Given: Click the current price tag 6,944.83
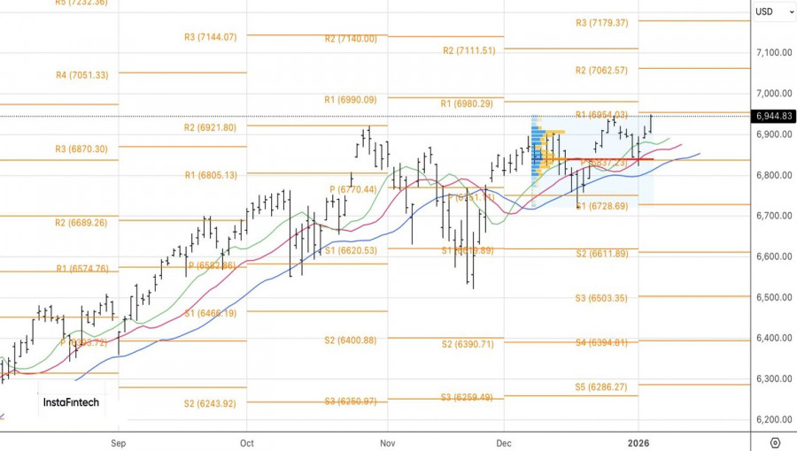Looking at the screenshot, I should (773, 116).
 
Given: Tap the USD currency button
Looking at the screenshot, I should (763, 11).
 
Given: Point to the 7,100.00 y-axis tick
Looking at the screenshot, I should (773, 53).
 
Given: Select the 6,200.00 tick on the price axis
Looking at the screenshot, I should (773, 420).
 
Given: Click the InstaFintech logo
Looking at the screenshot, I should (71, 402).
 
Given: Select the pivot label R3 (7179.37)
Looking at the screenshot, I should (601, 23).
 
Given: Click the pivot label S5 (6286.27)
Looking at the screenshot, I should (601, 387).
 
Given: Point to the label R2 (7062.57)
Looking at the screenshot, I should (601, 71).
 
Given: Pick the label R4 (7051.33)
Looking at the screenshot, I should (82, 75).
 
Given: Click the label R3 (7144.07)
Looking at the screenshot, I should (210, 37).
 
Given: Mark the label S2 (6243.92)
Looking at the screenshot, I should (210, 404).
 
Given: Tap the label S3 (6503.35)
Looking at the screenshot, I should (601, 299).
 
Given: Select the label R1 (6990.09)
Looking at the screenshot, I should (350, 100).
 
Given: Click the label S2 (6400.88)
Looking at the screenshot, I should (350, 340).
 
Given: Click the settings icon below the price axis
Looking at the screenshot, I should (775, 441).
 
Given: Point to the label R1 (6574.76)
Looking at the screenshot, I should (82, 269).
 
